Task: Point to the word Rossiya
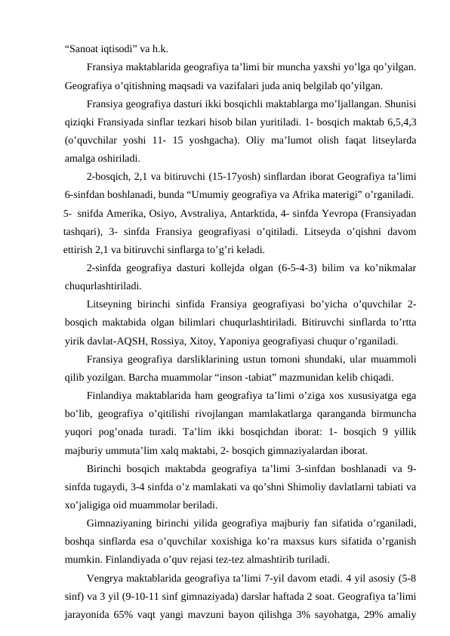coord(192,341)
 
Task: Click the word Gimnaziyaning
coord(127,523)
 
